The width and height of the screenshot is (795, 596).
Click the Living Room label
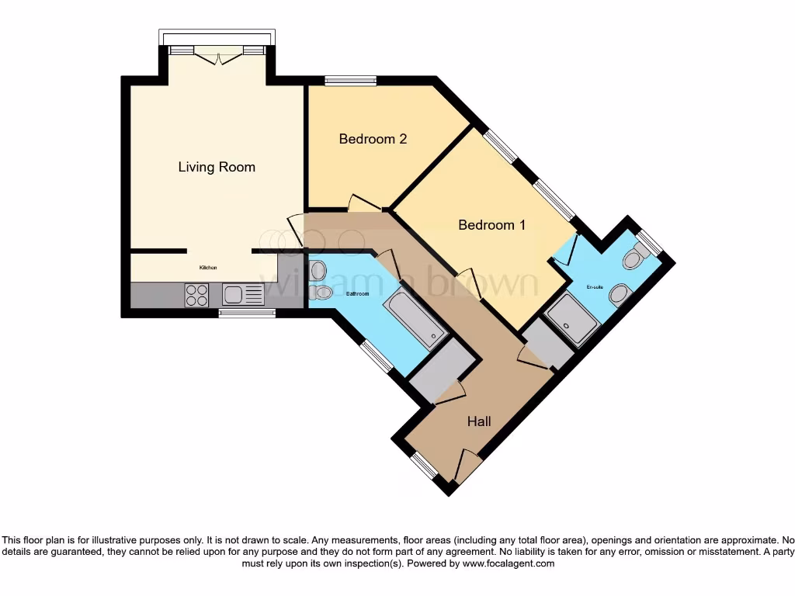pos(217,167)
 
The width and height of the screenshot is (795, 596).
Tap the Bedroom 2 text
pos(373,139)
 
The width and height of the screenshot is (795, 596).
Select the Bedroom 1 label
pos(491,225)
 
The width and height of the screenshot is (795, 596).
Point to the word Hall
pos(478,421)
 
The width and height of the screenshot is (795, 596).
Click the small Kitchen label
pos(208,268)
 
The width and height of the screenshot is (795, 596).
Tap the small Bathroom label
pos(357,294)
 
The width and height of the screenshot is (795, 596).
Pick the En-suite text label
pos(595,287)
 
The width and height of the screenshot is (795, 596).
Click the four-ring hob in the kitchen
pos(197,294)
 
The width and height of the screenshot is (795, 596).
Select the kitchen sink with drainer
pos(243,294)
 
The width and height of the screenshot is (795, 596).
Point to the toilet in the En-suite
pos(638,257)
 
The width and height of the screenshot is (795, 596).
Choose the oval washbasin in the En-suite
pos(619,294)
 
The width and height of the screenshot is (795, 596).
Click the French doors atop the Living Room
pos(217,53)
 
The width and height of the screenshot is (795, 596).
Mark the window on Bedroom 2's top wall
pos(350,80)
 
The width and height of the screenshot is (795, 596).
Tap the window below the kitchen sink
pos(247,314)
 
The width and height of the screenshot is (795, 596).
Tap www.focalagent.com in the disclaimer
pos(508,563)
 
